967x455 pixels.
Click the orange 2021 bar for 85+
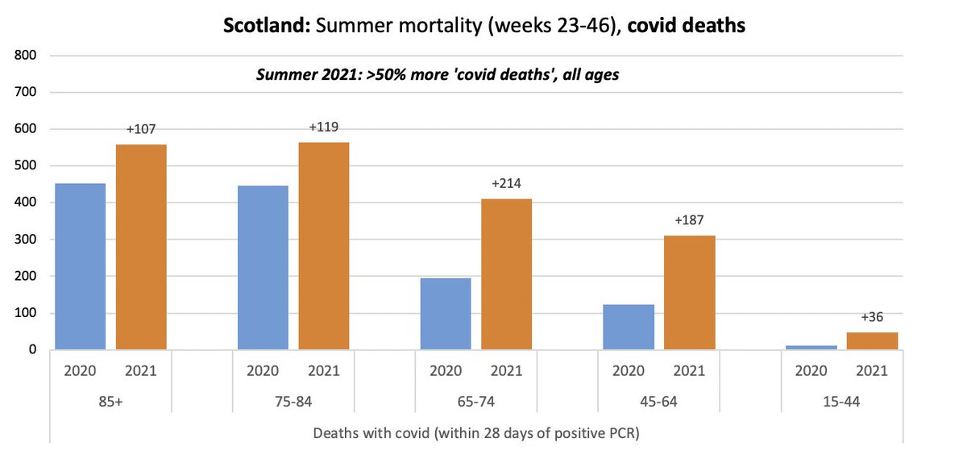(x=141, y=247)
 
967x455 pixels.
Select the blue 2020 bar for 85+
(x=80, y=266)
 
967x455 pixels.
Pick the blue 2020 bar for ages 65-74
(x=446, y=314)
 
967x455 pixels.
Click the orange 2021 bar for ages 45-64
(x=689, y=292)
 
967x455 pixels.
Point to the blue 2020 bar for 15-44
(x=811, y=347)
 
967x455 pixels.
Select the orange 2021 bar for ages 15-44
(x=872, y=341)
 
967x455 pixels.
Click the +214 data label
(x=506, y=183)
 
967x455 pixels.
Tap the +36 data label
(x=872, y=317)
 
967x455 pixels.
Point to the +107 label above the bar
(x=141, y=129)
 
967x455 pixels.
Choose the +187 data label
(x=689, y=220)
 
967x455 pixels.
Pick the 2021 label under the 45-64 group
(x=689, y=371)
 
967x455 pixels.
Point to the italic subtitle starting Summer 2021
(x=437, y=75)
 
